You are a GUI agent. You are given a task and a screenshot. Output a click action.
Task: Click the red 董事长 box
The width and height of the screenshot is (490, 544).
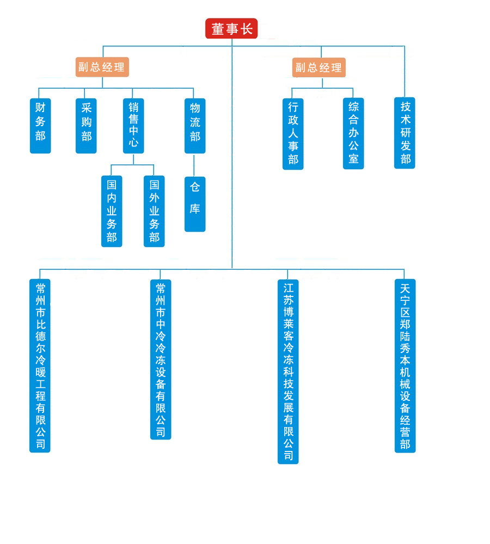coord(231,29)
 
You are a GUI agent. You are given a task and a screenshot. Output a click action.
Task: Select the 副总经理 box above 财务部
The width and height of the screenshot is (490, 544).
coord(102,67)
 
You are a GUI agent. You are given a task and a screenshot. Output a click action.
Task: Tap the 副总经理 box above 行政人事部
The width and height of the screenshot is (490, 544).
coord(319,67)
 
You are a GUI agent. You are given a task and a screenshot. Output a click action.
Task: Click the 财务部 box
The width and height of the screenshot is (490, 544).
coord(40,126)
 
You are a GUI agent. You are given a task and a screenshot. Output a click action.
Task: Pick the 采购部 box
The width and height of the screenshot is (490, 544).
coord(86,126)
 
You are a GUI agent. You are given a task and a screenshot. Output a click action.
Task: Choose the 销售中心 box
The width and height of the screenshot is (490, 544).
coord(133,126)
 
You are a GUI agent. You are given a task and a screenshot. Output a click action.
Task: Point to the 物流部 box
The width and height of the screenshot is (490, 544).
coord(195,126)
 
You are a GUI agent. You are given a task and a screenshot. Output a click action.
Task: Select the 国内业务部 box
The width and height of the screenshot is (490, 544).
coord(112,211)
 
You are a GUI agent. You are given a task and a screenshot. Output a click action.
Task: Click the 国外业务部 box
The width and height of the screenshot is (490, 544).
coord(154,211)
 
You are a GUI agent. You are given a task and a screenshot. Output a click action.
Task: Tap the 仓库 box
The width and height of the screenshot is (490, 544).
coord(195,204)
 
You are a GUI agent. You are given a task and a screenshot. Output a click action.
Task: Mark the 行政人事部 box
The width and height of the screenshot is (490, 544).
coord(293,134)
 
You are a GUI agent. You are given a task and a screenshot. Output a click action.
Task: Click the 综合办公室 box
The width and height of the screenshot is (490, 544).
coord(353,133)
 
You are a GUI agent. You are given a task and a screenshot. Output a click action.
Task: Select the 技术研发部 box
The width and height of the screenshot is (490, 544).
coord(405,133)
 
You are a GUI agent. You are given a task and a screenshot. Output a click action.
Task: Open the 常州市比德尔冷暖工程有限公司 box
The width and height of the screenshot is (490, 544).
coord(40,366)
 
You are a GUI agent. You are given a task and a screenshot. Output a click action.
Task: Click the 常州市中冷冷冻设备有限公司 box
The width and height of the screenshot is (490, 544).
coord(161,360)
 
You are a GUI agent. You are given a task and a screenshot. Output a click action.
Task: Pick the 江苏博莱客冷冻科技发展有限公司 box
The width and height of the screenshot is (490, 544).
coord(288,372)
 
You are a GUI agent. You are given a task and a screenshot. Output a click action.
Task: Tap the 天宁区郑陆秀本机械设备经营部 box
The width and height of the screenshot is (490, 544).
coord(405,366)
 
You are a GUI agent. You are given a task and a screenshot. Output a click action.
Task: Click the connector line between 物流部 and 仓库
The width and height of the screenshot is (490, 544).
coord(194,165)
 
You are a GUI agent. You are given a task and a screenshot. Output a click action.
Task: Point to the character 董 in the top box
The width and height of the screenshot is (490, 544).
coord(218,29)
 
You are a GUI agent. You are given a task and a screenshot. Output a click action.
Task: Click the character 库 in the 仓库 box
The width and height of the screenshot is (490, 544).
coord(195,209)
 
